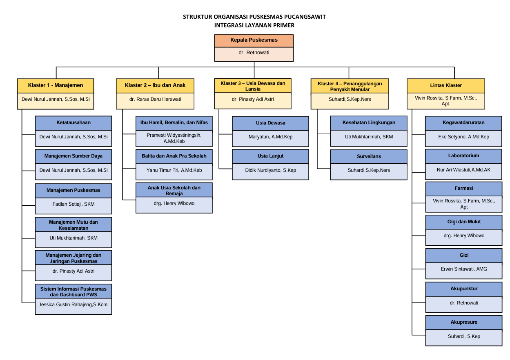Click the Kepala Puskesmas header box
(254, 40)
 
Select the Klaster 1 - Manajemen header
(56, 85)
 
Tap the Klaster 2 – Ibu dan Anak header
(155, 85)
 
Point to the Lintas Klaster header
(446, 85)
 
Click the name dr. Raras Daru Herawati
(155, 99)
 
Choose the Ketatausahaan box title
(73, 122)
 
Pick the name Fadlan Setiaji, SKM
(73, 204)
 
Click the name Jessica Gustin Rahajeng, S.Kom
(73, 304)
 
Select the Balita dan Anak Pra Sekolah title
(174, 156)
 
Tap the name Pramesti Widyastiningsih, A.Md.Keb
(174, 138)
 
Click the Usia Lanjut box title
(270, 156)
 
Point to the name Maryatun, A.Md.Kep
(270, 137)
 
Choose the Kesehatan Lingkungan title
(369, 122)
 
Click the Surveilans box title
(369, 156)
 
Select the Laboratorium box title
(463, 156)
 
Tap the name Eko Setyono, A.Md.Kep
(463, 137)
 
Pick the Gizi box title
(463, 255)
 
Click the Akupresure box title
(463, 322)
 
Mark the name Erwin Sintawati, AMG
(463, 269)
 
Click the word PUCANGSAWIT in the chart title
(304, 17)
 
